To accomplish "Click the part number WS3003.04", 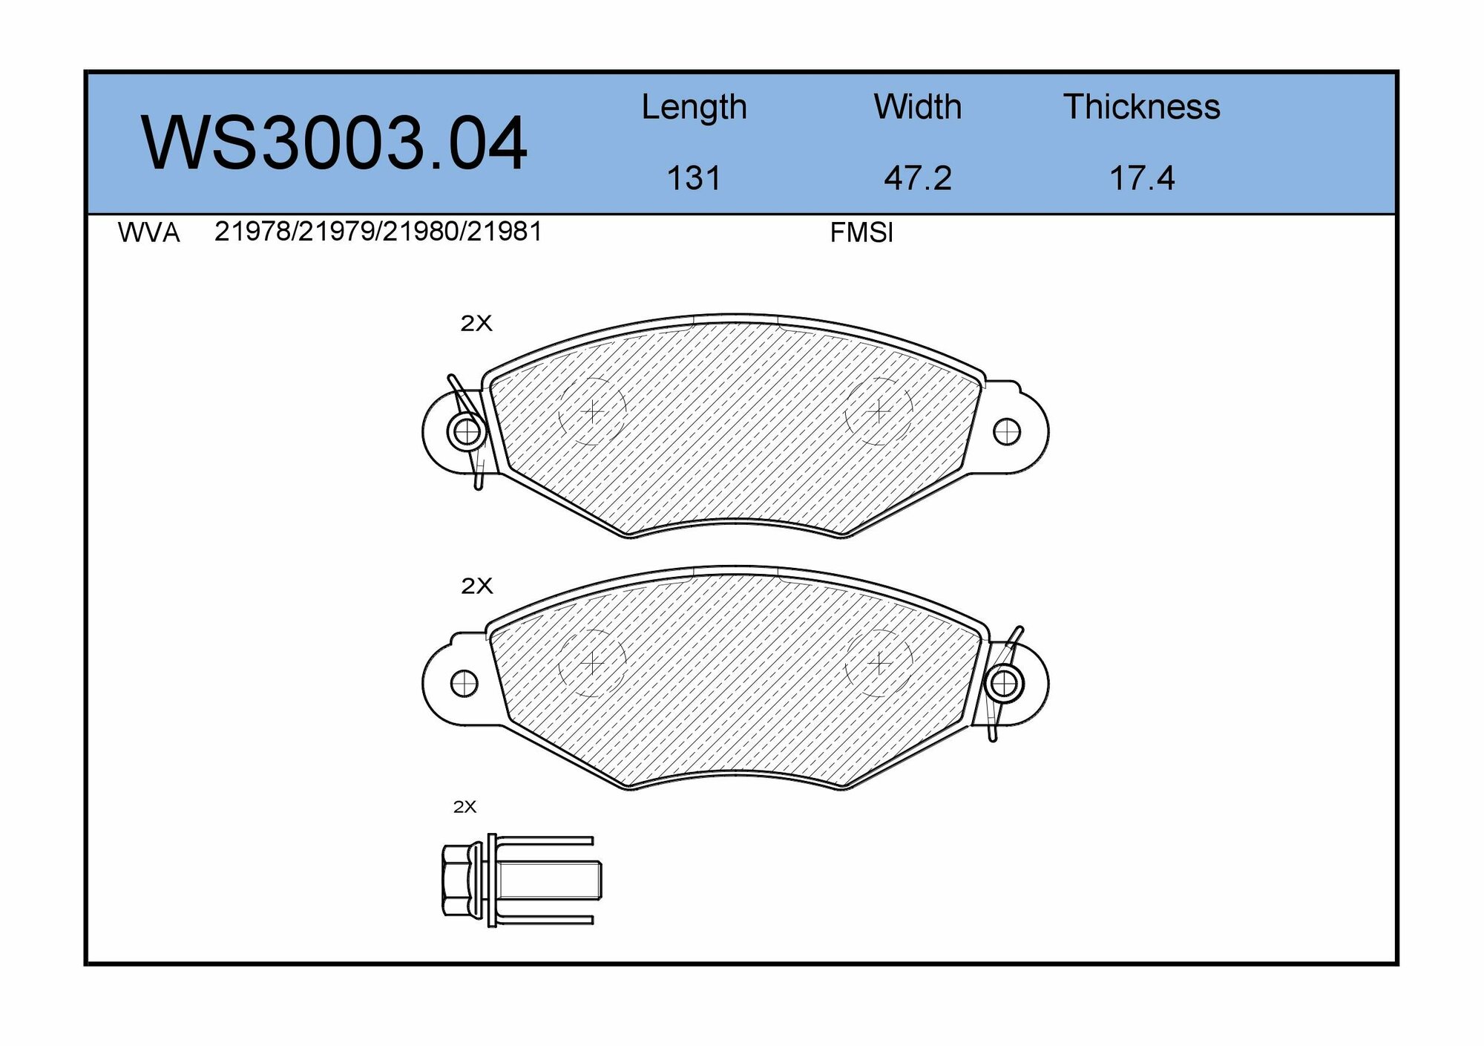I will (334, 143).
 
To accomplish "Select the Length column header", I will (694, 108).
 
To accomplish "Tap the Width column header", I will (917, 108).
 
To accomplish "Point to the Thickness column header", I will (1141, 108).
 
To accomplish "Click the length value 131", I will (694, 179).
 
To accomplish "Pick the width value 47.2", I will (917, 179).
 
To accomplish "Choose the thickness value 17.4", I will (1141, 179).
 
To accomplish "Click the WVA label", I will (148, 234).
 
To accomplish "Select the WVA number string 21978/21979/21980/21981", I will (378, 232).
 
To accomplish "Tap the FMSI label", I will (861, 234).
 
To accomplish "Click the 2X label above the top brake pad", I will (476, 324).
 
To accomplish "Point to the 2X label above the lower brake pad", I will (476, 586).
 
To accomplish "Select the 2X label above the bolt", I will (464, 807).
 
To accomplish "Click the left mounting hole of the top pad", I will (466, 431).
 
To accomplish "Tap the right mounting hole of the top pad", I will (1006, 431).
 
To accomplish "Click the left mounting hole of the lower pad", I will (464, 683).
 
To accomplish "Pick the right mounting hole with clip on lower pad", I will (1004, 683).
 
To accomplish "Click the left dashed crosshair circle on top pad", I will (592, 411).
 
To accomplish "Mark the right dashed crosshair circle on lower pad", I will (879, 663).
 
